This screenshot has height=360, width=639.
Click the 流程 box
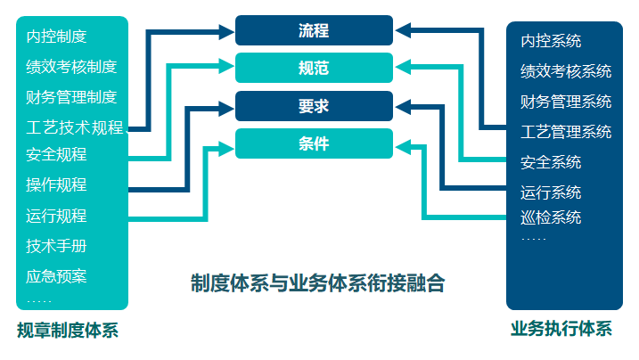coord(314,30)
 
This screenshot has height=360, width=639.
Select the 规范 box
coord(314,68)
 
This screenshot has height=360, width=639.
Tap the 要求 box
coord(314,106)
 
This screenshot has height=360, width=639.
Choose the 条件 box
coord(314,143)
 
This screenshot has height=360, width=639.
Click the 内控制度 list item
coord(56,37)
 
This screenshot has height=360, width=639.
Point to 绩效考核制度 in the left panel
coord(71,67)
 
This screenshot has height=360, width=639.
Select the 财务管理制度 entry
coord(71,96)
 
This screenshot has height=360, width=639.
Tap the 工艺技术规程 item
coord(75,127)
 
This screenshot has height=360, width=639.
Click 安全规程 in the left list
coord(56,155)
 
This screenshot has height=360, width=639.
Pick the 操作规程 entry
coord(56,185)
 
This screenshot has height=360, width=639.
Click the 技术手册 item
coord(56,246)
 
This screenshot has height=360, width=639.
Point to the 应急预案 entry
coord(56,275)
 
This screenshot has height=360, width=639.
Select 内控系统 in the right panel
coord(551,41)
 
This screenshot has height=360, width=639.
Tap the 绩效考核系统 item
coord(566,71)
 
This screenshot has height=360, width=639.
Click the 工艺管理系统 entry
coord(566,132)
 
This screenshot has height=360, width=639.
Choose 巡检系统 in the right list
coord(551,217)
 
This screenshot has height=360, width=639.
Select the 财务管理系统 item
coord(566,102)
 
